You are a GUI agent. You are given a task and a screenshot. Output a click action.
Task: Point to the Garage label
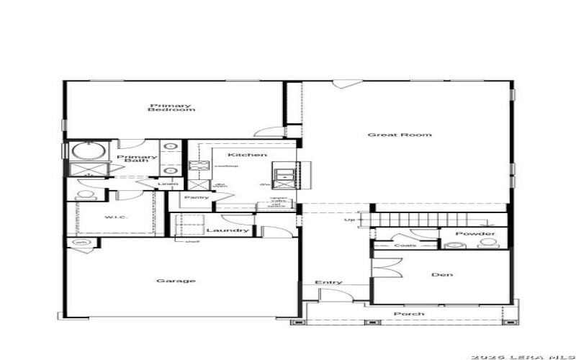click(x=176, y=281)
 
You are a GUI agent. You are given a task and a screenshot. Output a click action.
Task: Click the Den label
click(x=441, y=274)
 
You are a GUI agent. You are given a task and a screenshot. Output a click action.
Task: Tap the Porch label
click(x=408, y=314)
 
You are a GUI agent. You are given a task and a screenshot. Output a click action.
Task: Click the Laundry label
click(x=228, y=231)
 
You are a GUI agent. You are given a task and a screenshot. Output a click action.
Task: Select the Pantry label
click(x=197, y=197)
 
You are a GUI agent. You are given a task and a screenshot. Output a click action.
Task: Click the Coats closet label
click(x=405, y=246)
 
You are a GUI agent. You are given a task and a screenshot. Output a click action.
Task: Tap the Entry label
click(x=328, y=282)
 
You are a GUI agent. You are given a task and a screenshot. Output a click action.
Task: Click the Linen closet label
click(x=168, y=184)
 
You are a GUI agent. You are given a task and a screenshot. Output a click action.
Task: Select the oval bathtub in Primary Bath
click(x=87, y=151)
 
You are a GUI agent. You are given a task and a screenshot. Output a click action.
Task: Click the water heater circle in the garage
click(x=80, y=243)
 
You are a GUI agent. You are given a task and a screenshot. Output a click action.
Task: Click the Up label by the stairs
click(x=350, y=220)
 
